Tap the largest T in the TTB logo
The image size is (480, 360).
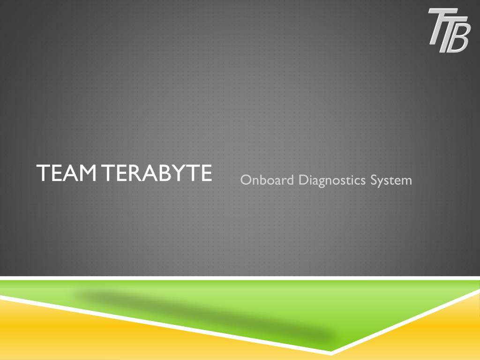438,26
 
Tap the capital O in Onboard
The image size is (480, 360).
246,180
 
